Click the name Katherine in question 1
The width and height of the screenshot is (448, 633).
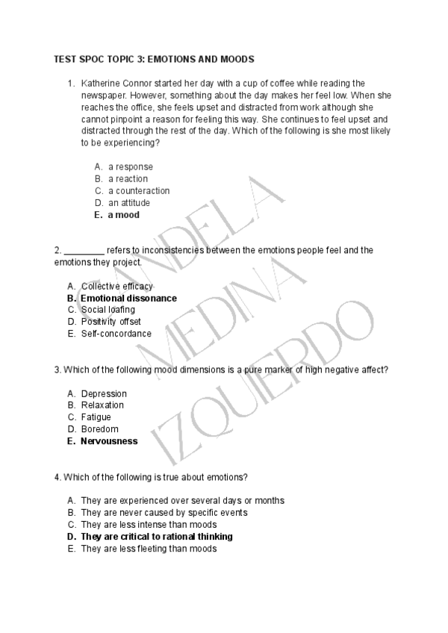click(102, 83)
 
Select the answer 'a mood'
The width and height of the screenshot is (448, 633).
click(123, 215)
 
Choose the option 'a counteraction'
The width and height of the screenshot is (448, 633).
click(139, 191)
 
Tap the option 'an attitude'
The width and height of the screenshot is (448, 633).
click(129, 203)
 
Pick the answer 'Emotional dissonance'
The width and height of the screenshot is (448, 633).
click(128, 298)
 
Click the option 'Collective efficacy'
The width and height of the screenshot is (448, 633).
click(117, 286)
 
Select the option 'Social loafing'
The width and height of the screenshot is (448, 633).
click(108, 310)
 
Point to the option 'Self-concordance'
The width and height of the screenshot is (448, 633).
click(116, 334)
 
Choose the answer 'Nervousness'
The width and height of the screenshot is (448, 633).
click(109, 441)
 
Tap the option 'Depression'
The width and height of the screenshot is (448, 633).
click(104, 393)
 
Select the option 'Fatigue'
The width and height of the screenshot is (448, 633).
click(96, 417)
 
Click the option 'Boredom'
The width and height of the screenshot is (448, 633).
click(99, 429)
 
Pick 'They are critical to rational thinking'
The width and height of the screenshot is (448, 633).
click(157, 537)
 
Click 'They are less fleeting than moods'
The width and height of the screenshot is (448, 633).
click(149, 549)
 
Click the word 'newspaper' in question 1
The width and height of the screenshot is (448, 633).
click(102, 95)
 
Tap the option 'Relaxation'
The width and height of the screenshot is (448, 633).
click(102, 405)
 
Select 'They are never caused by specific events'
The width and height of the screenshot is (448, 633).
click(164, 513)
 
